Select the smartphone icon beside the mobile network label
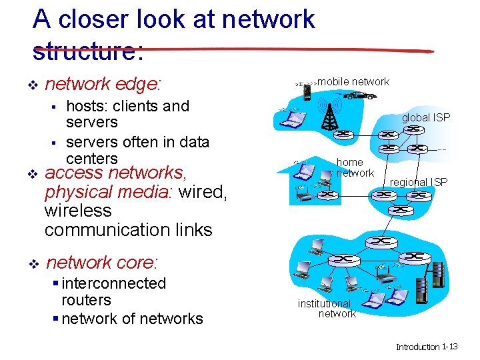pyautogui.click(x=307, y=90)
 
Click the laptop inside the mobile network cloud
pyautogui.click(x=291, y=119)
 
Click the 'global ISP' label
pyautogui.click(x=425, y=117)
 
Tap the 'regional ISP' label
pyautogui.click(x=419, y=182)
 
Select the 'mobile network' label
pyautogui.click(x=353, y=82)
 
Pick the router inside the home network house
pyautogui.click(x=329, y=195)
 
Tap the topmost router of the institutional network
pyautogui.click(x=381, y=240)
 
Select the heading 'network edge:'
pyautogui.click(x=103, y=84)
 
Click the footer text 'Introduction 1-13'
pyautogui.click(x=427, y=347)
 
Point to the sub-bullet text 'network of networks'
pyautogui.click(x=132, y=319)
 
